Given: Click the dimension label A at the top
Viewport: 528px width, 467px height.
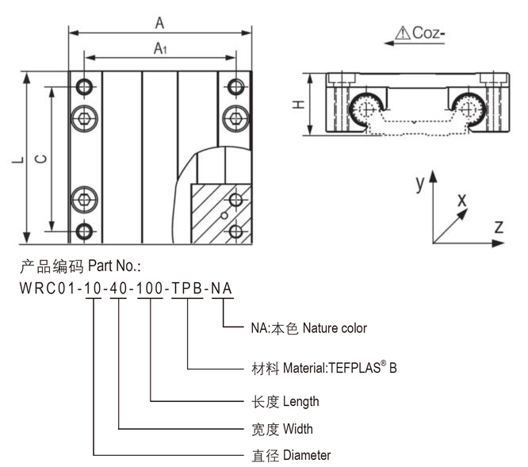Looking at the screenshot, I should click(159, 24).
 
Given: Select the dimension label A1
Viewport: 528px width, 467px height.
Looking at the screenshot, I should click(159, 49).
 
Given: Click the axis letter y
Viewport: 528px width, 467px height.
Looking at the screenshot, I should click(419, 183).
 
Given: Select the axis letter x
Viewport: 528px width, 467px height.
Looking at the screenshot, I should click(461, 201).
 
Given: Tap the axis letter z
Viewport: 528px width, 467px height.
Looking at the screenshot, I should click(499, 227).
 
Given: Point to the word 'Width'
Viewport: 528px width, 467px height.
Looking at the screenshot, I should click(298, 429).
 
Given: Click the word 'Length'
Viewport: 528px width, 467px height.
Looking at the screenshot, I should click(300, 402).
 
